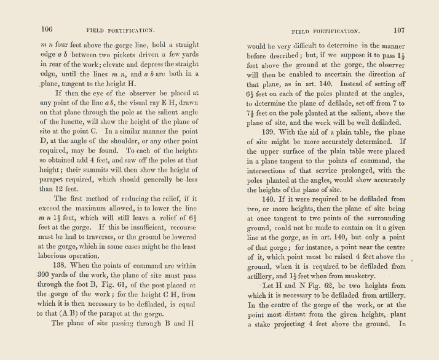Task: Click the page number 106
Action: click(x=47, y=29)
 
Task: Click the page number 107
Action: click(x=398, y=30)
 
